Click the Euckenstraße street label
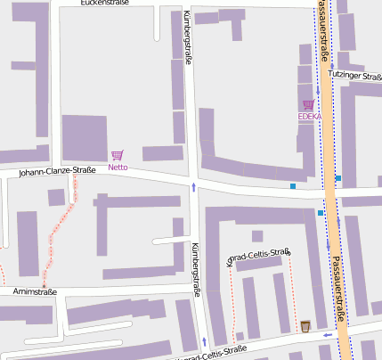click(104, 3)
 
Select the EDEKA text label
click(309, 117)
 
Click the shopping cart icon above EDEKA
click(309, 105)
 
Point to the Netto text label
click(118, 167)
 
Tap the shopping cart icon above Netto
click(118, 155)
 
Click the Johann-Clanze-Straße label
click(57, 170)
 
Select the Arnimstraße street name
click(35, 291)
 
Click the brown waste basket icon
click(305, 326)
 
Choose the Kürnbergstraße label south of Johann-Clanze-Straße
click(196, 267)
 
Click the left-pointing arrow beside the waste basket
click(327, 335)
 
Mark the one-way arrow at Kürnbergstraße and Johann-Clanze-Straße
click(194, 186)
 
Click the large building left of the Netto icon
click(84, 138)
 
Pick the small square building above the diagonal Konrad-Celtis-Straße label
click(257, 236)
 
